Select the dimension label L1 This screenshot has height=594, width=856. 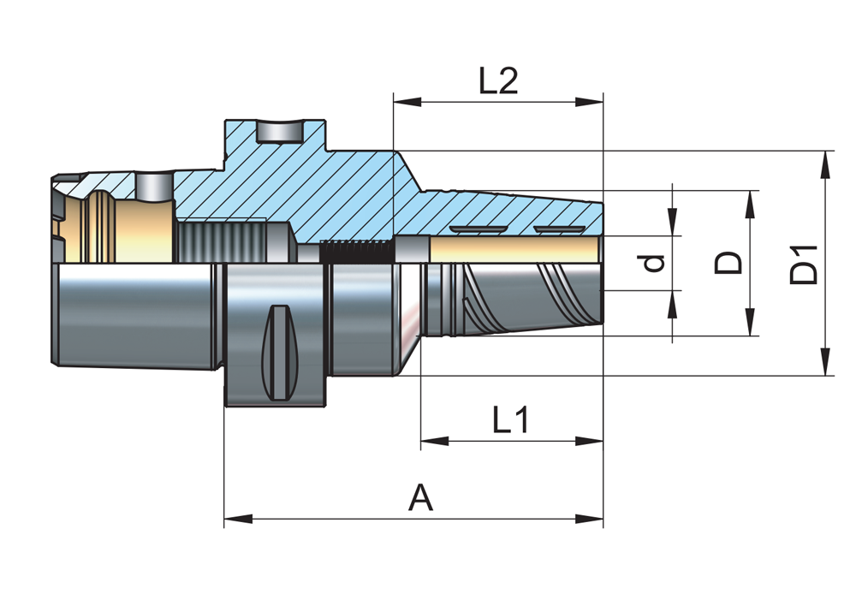512,420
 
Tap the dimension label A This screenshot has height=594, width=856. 420,497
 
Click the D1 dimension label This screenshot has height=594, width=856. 804,264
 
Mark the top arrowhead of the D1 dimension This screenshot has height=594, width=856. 826,163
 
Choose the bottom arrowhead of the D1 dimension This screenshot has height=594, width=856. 826,363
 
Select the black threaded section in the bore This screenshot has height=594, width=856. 355,252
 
